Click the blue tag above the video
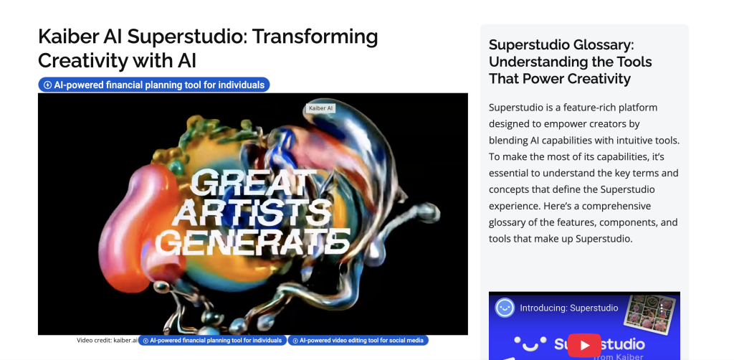pyautogui.click(x=154, y=85)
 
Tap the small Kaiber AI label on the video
pyautogui.click(x=320, y=108)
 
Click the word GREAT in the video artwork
pyautogui.click(x=253, y=183)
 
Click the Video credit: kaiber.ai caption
pyautogui.click(x=107, y=341)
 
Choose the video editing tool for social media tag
pyautogui.click(x=358, y=341)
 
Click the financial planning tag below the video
pyautogui.click(x=212, y=341)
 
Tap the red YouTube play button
pyautogui.click(x=584, y=345)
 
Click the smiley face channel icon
pyautogui.click(x=505, y=308)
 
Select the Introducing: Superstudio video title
pyautogui.click(x=568, y=308)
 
